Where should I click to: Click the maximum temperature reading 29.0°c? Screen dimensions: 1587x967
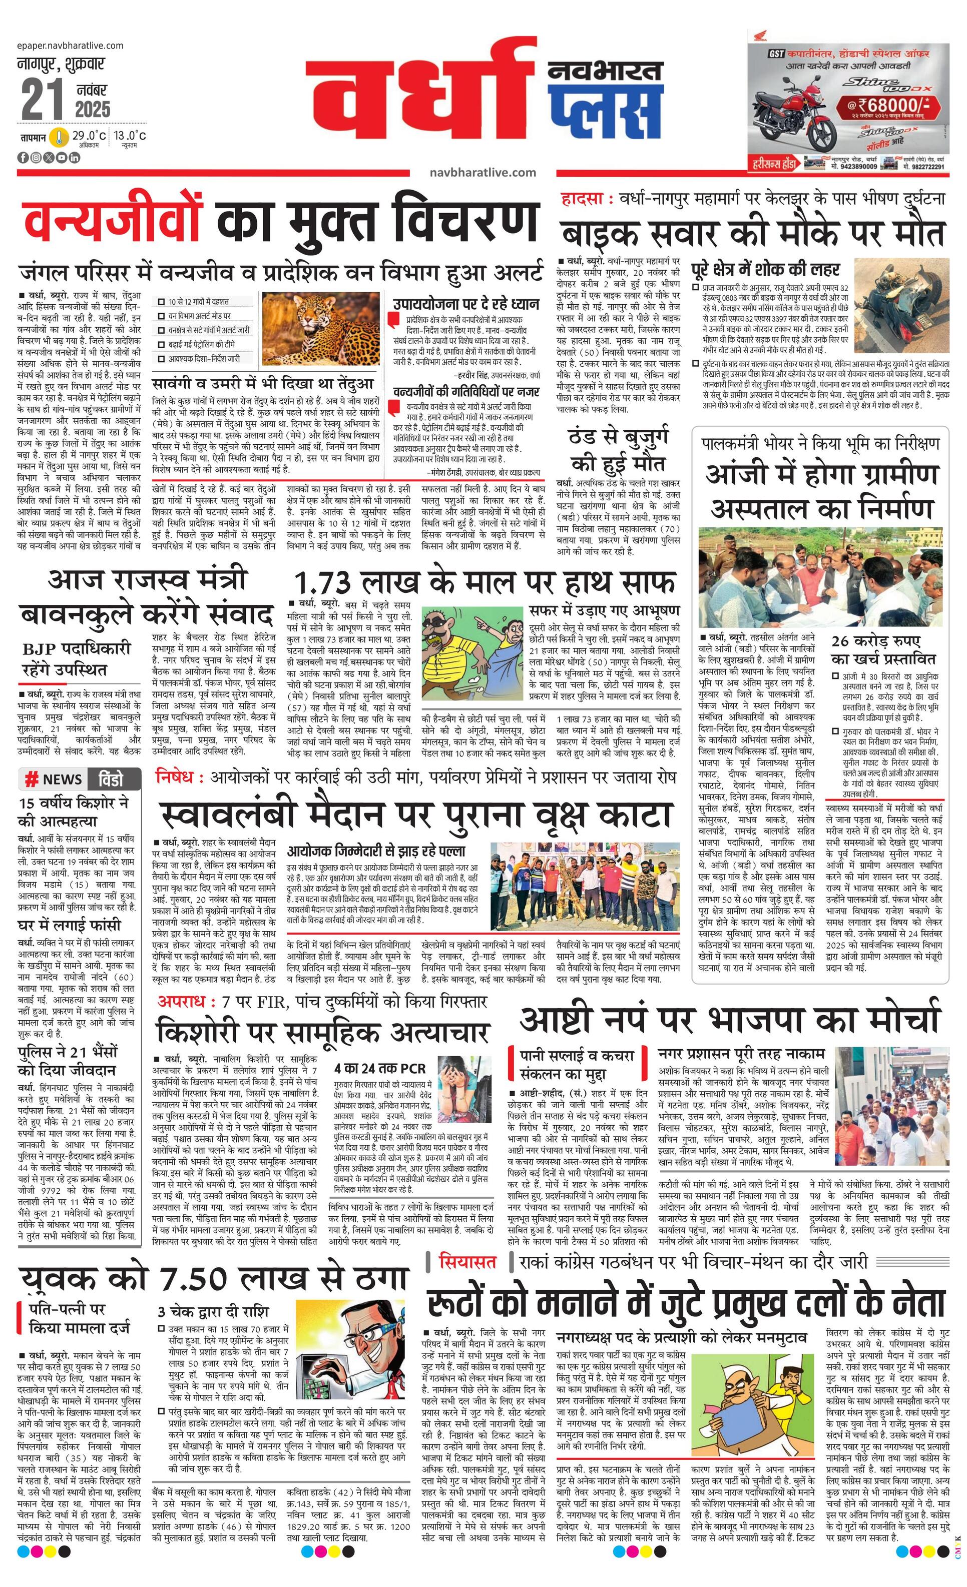[89, 135]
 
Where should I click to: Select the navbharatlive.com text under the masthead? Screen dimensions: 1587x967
[482, 172]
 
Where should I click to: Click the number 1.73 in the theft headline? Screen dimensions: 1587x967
[323, 583]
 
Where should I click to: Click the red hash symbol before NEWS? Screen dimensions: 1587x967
[31, 779]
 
